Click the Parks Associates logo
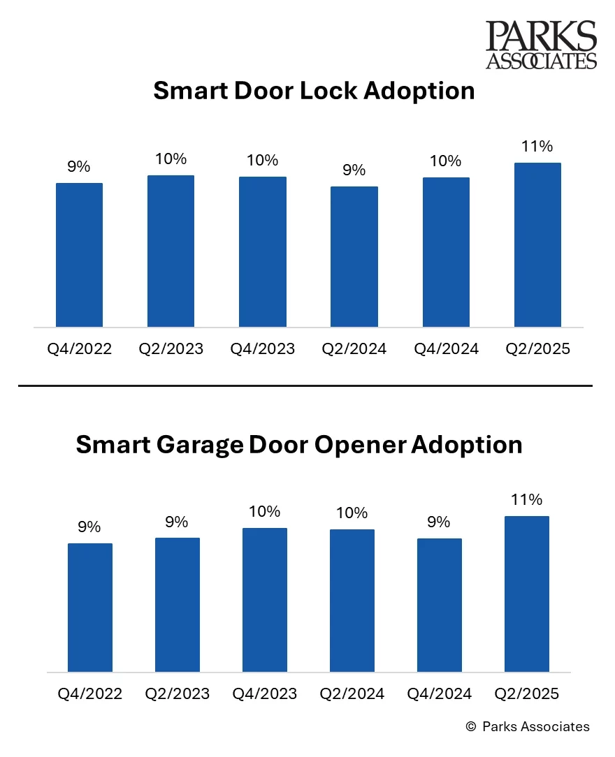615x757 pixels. tap(542, 45)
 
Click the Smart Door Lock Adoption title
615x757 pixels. tap(314, 91)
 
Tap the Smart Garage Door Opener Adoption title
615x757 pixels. tap(299, 444)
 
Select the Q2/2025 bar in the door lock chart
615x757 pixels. tap(537, 244)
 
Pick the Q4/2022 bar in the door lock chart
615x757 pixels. tap(79, 255)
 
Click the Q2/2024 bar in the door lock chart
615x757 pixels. tap(354, 256)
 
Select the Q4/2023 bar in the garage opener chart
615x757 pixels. tap(265, 600)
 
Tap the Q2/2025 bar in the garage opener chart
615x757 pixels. tap(526, 594)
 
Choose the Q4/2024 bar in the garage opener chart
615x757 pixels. tap(439, 605)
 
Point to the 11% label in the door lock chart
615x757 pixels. tap(537, 146)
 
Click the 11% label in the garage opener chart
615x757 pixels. tap(526, 499)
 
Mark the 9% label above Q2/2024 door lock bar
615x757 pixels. tap(354, 170)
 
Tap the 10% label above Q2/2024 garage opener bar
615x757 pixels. tap(352, 513)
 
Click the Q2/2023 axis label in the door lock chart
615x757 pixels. tap(171, 348)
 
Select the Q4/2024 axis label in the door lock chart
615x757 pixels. tap(446, 348)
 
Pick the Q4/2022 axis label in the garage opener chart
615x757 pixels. tap(90, 693)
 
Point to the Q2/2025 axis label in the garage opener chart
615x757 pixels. tap(526, 693)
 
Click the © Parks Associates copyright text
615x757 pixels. tap(528, 726)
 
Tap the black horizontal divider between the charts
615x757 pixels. tap(305, 385)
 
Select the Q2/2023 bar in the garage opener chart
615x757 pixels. tap(178, 605)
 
